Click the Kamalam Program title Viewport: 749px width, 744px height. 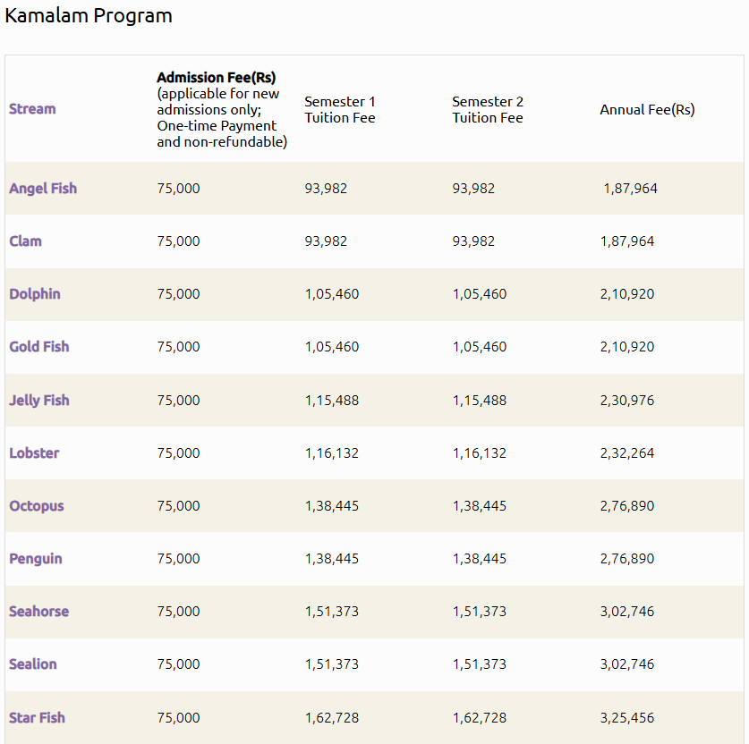click(x=89, y=16)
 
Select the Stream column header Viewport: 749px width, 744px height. click(x=32, y=109)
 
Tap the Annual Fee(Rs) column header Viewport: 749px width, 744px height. click(x=647, y=110)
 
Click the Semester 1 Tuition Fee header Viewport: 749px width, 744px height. click(x=339, y=110)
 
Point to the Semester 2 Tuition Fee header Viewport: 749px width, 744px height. click(x=488, y=110)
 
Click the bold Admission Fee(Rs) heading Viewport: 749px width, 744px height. click(x=217, y=78)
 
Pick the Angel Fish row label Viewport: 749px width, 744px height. click(x=43, y=189)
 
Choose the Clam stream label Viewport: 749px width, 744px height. click(x=25, y=241)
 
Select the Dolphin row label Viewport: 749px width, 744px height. click(x=35, y=294)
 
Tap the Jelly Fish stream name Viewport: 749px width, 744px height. click(x=39, y=401)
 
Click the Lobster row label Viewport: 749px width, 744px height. click(x=34, y=453)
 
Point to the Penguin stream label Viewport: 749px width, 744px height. click(x=36, y=559)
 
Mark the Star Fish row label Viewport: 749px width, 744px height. click(x=37, y=718)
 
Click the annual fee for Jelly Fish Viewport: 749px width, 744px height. click(x=627, y=401)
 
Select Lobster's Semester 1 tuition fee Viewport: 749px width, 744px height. click(x=331, y=453)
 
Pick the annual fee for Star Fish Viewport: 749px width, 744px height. click(x=627, y=718)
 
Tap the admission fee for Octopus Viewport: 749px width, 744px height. click(x=178, y=506)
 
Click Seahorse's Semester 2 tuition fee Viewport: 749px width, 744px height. click(x=479, y=612)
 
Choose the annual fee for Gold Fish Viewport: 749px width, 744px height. click(x=627, y=347)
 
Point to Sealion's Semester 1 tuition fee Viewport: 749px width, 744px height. click(x=331, y=664)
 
